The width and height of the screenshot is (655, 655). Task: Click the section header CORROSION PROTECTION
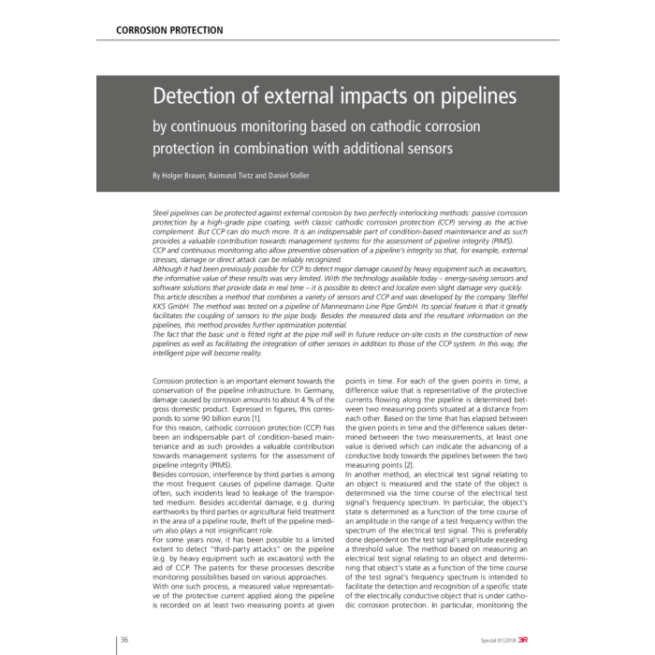[169, 30]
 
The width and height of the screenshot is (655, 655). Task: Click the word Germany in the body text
[283, 391]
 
